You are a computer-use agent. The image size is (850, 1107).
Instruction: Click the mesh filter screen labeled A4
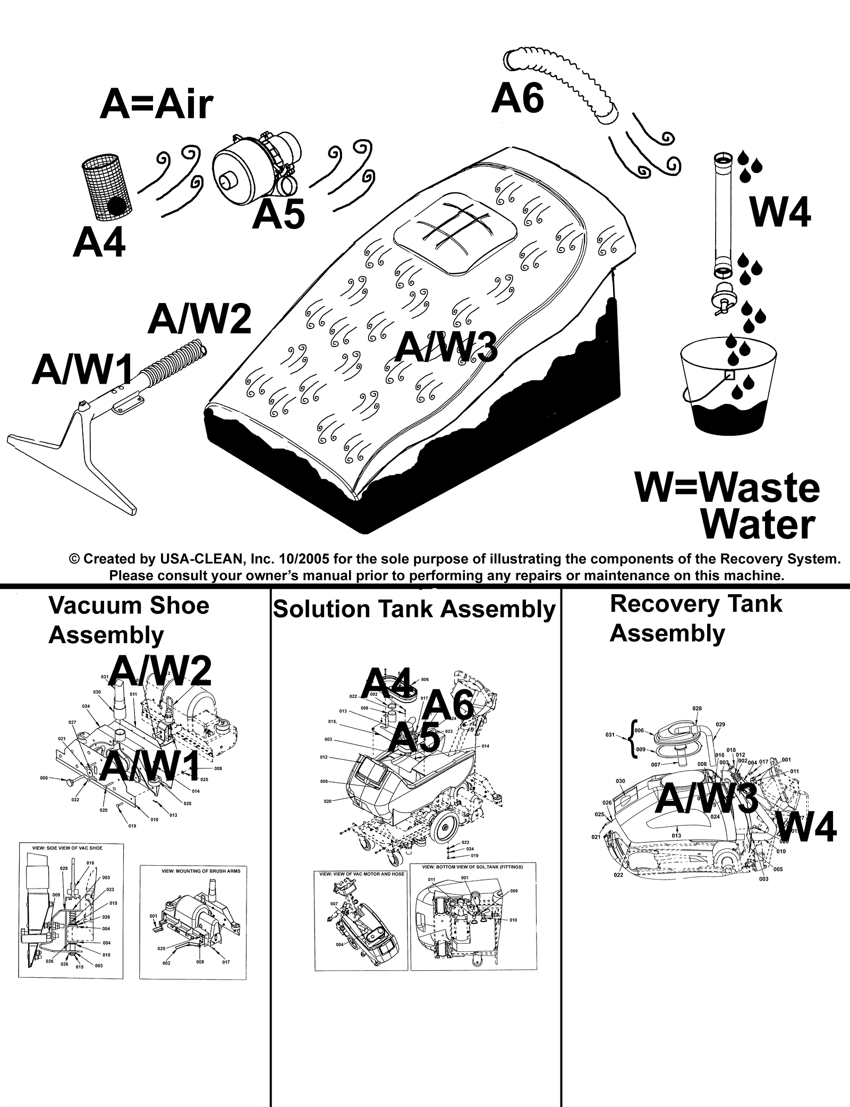107,187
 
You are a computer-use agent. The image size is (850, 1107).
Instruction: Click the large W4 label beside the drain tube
780,212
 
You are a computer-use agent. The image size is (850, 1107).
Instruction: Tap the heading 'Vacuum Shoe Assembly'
129,620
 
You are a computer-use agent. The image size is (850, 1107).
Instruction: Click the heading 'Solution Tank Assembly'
414,609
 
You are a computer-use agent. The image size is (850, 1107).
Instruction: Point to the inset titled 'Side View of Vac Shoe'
71,910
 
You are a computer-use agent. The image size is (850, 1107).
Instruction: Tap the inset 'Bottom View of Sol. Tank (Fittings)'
473,915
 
